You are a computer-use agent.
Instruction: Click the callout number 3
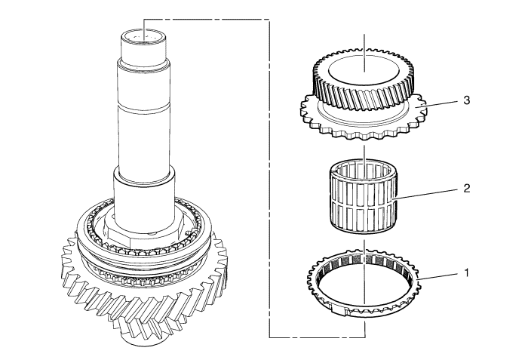coord(466,100)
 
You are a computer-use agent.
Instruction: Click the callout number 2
coord(466,188)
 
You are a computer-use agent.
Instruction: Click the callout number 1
coord(466,272)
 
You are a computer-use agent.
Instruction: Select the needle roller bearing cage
coord(363,196)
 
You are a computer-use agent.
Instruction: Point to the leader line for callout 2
coord(426,195)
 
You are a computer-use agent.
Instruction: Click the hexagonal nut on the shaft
coord(144,233)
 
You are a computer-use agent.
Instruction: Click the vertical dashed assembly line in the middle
coord(269,178)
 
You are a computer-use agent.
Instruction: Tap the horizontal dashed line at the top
coord(207,20)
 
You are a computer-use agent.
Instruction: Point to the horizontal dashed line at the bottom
coord(317,337)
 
